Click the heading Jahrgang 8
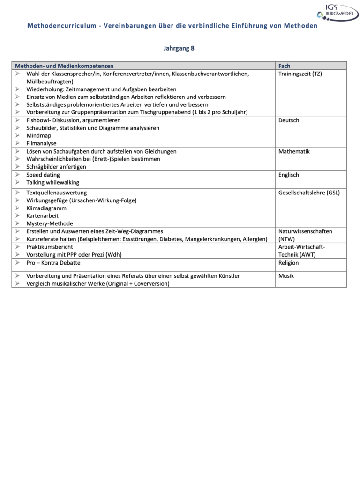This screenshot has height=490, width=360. click(x=179, y=48)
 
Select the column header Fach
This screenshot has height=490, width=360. click(x=284, y=66)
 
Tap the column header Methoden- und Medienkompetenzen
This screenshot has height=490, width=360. click(x=64, y=66)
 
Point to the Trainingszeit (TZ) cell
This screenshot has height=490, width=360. click(x=300, y=74)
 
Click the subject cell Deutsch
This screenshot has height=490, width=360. click(x=289, y=120)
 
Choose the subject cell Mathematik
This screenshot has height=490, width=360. click(x=294, y=151)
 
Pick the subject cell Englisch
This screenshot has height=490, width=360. click(x=289, y=175)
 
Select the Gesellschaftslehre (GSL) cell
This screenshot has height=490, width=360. click(x=309, y=193)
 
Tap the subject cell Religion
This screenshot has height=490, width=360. click(x=289, y=263)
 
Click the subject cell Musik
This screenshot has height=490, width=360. click(x=286, y=276)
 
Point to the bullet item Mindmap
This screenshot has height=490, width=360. click(x=39, y=136)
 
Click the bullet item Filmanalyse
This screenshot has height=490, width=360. click(x=41, y=143)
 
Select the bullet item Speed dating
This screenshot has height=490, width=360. click(x=43, y=175)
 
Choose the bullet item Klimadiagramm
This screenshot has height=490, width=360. click(x=46, y=208)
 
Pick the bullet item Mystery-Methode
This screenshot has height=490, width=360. click(x=50, y=223)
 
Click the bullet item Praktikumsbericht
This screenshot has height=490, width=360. click(x=50, y=247)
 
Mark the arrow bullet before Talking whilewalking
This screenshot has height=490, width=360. click(x=17, y=183)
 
